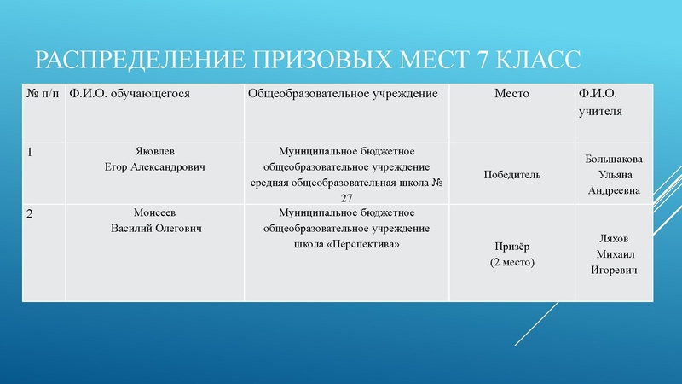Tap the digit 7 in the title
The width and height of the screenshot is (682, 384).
[x=477, y=61]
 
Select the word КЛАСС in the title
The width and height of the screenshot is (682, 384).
[x=538, y=61]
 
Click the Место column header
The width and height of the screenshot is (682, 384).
[x=511, y=93]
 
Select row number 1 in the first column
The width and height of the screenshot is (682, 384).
[x=31, y=153]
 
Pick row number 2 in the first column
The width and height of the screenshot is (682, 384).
[x=31, y=213]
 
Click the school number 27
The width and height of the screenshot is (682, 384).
[x=346, y=197]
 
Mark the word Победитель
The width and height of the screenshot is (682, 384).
[x=511, y=174]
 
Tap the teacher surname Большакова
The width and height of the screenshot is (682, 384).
[x=615, y=159]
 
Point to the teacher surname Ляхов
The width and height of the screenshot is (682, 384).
[x=615, y=238]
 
